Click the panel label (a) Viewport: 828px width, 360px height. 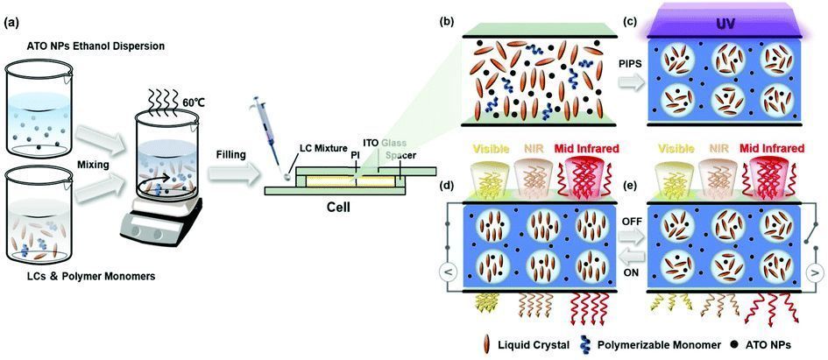tap(12, 24)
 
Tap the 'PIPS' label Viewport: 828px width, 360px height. tap(630, 63)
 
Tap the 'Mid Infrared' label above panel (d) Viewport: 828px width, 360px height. tap(591, 149)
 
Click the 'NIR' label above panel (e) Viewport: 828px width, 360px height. tap(709, 149)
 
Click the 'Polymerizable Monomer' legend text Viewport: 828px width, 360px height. tap(659, 345)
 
